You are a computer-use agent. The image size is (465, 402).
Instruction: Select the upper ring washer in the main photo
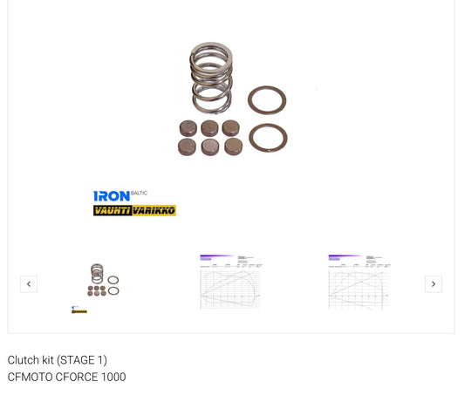click(267, 100)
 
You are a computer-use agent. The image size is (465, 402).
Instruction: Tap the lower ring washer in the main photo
click(268, 138)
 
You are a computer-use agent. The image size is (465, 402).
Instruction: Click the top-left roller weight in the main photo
click(188, 128)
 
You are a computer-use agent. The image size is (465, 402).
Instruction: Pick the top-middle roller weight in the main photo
click(209, 128)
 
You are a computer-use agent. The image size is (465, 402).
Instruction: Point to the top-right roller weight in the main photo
click(230, 127)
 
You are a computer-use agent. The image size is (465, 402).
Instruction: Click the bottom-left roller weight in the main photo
click(188, 146)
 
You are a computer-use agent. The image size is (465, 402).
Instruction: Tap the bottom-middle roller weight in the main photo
click(210, 146)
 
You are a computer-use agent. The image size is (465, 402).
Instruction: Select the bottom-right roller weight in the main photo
click(233, 146)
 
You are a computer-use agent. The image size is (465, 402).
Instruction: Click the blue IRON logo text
click(111, 196)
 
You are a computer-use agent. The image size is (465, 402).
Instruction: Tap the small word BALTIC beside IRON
click(139, 193)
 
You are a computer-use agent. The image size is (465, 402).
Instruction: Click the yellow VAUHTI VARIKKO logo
click(134, 210)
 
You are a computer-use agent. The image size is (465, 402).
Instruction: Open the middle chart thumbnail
click(229, 282)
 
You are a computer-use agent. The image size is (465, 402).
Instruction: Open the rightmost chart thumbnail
click(358, 282)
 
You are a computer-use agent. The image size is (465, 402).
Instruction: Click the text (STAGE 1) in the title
click(82, 360)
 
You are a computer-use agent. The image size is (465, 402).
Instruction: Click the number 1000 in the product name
click(113, 378)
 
